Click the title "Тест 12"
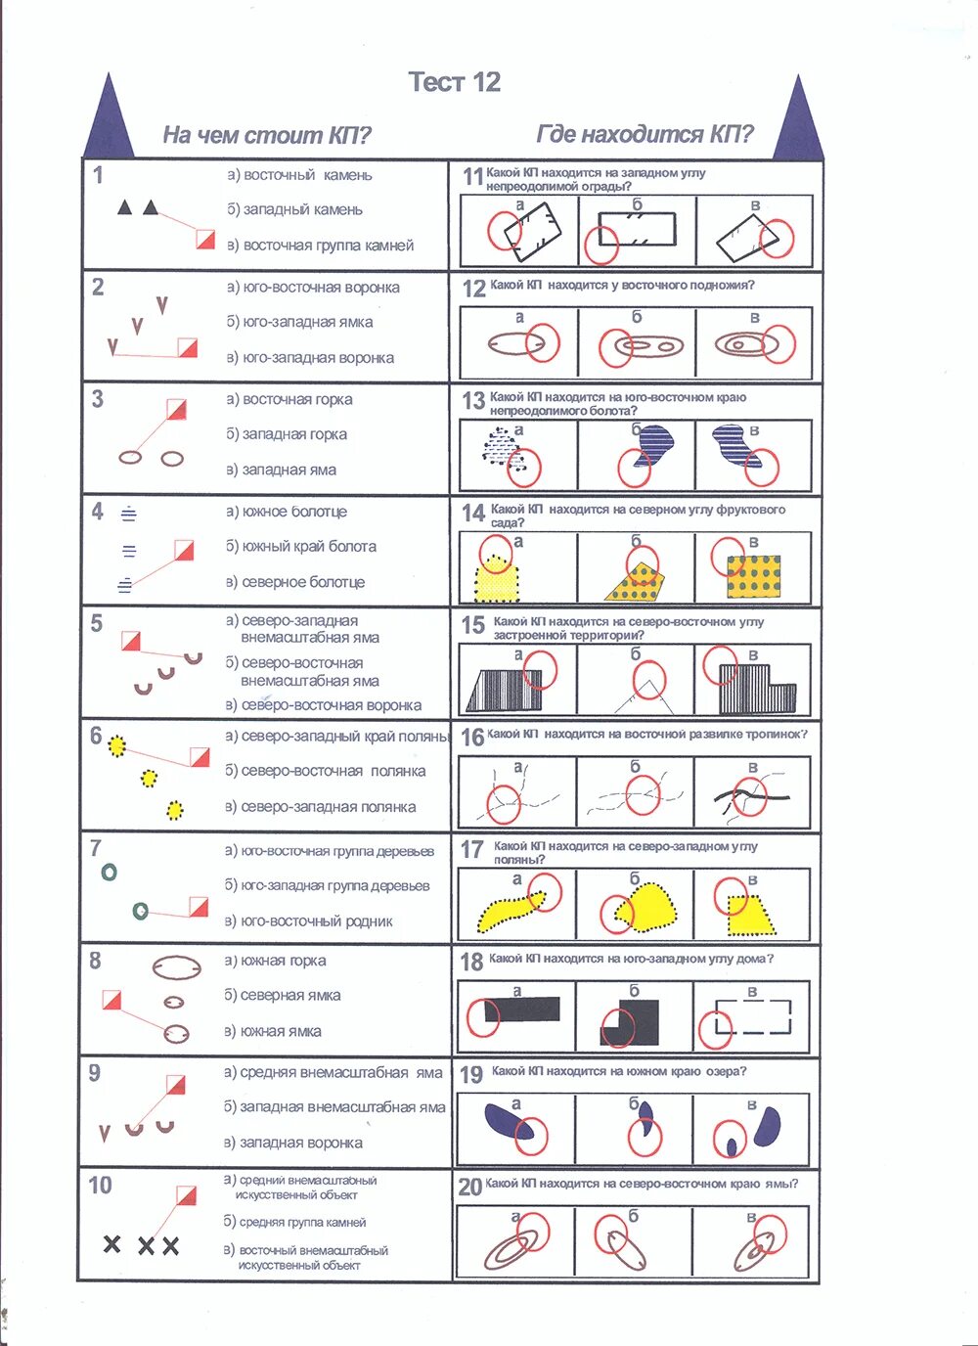pyautogui.click(x=454, y=82)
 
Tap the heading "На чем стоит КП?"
pyautogui.click(x=266, y=135)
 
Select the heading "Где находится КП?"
pyautogui.click(x=645, y=134)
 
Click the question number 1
pyautogui.click(x=98, y=175)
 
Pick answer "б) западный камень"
pyautogui.click(x=294, y=209)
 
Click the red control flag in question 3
pyautogui.click(x=176, y=409)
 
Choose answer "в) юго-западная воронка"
pyautogui.click(x=310, y=358)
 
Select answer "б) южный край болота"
pyautogui.click(x=301, y=547)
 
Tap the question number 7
pyautogui.click(x=96, y=848)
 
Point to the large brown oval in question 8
pyautogui.click(x=176, y=967)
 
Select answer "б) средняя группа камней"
pyautogui.click(x=294, y=1222)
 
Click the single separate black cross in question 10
pyautogui.click(x=112, y=1244)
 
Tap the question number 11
pyautogui.click(x=472, y=176)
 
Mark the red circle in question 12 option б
pyautogui.click(x=616, y=348)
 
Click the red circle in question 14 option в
pyautogui.click(x=729, y=557)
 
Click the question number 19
pyautogui.click(x=471, y=1075)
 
